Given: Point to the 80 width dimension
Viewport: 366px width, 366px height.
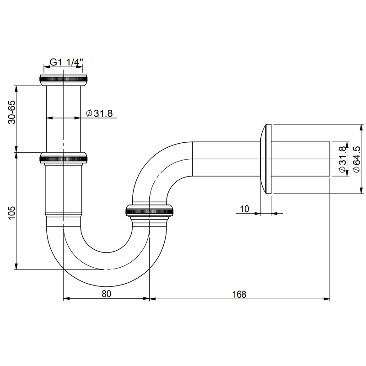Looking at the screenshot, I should click(x=106, y=294).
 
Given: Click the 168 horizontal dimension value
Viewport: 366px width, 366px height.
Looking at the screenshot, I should click(x=239, y=294).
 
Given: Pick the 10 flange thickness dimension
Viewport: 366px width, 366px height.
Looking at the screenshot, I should click(x=244, y=209).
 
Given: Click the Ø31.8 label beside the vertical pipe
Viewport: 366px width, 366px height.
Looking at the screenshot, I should click(x=99, y=113).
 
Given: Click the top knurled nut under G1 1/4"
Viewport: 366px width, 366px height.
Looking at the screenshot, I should click(x=63, y=79).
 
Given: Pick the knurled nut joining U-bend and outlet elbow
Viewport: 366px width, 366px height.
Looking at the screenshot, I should click(x=149, y=211).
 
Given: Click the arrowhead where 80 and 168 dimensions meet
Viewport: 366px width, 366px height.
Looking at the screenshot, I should click(x=150, y=299).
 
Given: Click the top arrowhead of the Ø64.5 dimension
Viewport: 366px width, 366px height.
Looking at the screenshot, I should click(x=361, y=126).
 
